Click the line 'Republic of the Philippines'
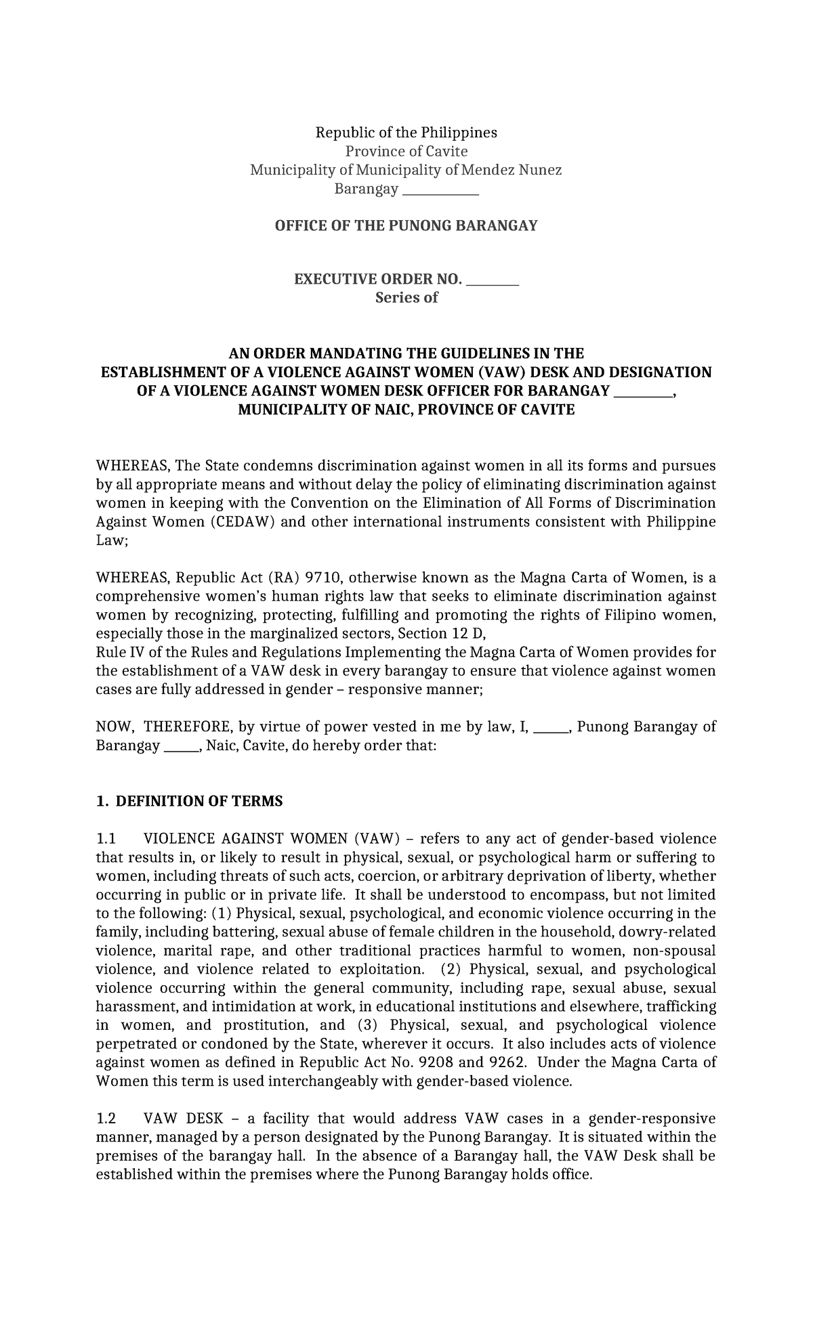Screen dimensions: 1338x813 406,132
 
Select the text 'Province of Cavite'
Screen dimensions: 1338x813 406,151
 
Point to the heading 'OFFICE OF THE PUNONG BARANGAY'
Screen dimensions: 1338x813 406,225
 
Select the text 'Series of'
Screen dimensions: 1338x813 406,297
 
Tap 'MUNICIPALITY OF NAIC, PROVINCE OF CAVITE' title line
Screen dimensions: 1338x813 406,410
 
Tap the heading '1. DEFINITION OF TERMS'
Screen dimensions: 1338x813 189,802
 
